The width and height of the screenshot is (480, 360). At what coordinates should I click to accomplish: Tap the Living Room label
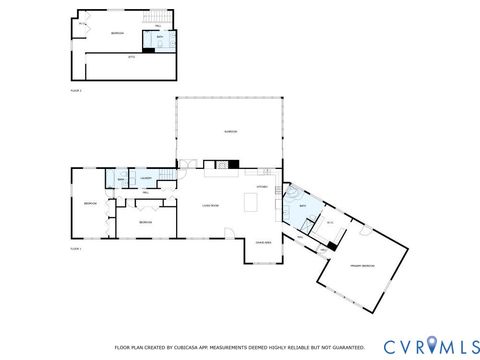tap(212, 204)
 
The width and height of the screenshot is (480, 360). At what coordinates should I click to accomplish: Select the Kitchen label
tap(263, 186)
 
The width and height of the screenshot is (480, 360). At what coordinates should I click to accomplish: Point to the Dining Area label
tap(263, 241)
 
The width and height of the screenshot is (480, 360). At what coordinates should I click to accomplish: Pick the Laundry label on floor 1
tap(145, 179)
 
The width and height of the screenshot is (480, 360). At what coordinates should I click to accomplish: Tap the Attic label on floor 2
tap(131, 57)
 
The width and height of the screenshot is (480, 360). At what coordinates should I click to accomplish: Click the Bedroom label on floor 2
tap(117, 34)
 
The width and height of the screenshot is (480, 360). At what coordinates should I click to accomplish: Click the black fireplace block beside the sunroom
tap(234, 165)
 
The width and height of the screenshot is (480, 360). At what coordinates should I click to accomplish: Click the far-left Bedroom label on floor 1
tap(89, 205)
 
